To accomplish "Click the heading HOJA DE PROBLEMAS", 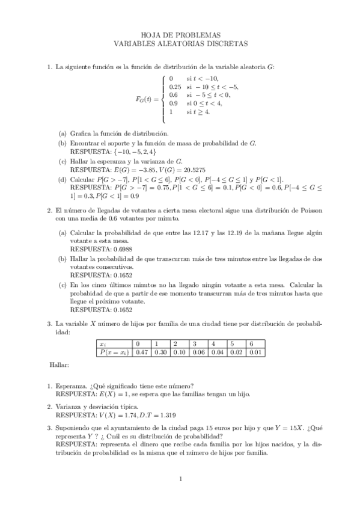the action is pos(180,35).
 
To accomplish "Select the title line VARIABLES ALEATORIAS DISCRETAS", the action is pos(180,44).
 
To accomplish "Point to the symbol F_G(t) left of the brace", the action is pos(147,99).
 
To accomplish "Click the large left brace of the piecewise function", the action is pos(164,99).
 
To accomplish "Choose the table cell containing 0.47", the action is pos(142,352).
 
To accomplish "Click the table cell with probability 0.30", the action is pos(160,352).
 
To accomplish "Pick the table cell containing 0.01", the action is pos(255,352).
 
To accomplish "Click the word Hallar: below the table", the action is pos(59,364).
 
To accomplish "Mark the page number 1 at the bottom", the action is pos(180,479).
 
